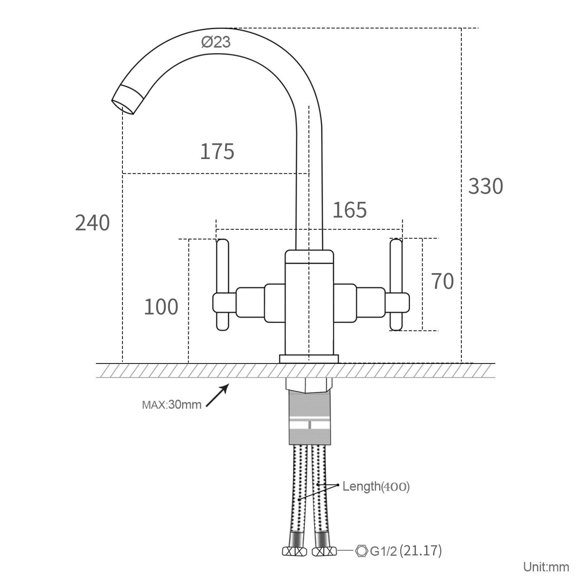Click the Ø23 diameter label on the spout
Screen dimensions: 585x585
(216, 42)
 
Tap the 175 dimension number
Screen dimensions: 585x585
(217, 151)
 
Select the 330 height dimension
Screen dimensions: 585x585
(486, 186)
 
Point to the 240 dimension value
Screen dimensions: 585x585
(92, 223)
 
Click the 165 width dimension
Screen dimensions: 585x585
(350, 210)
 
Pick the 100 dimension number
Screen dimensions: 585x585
(161, 307)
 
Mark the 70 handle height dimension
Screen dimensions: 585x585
(442, 281)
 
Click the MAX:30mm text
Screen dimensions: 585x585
(171, 405)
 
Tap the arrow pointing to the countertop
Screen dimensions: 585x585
(218, 395)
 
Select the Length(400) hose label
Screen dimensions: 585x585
(376, 486)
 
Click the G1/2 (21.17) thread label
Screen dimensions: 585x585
(406, 551)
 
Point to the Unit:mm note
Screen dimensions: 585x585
(546, 567)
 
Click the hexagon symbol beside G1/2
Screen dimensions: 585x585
(361, 551)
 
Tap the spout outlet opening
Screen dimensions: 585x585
(123, 104)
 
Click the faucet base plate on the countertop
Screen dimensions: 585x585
(309, 359)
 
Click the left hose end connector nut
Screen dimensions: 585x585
(294, 551)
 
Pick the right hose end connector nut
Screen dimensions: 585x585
(324, 551)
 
